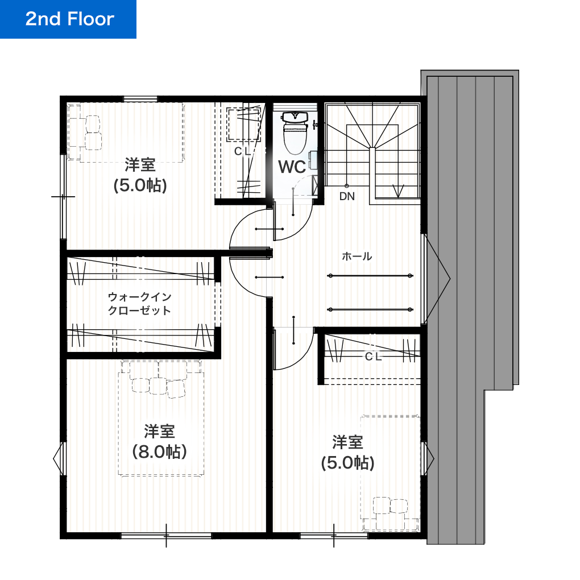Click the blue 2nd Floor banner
point(68,19)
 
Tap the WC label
point(292,167)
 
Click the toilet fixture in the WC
point(295,134)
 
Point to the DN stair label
point(347,197)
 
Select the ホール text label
point(357,256)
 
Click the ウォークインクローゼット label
point(139,304)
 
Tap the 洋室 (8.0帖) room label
point(159,441)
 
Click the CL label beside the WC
point(242,151)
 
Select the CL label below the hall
point(373,357)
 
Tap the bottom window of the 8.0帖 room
point(166,535)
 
